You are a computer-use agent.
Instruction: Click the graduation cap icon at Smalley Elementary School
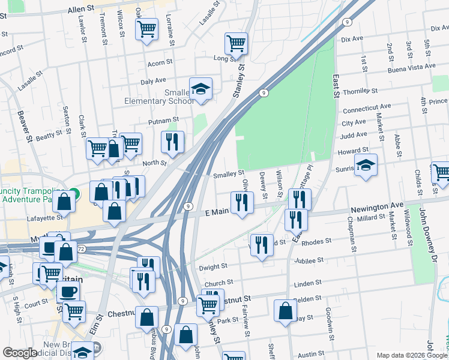tap(200, 89)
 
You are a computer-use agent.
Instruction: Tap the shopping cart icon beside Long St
tap(237, 43)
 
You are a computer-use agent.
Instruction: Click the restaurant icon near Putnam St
tap(172, 142)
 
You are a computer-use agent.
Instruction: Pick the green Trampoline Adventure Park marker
tap(73, 194)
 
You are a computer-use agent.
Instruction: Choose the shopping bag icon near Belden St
tap(286, 311)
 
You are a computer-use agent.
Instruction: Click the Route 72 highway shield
tap(81, 248)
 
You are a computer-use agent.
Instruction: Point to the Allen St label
tap(82, 10)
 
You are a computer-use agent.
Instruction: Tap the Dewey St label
tap(264, 185)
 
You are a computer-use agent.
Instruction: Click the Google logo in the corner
tap(20, 353)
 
